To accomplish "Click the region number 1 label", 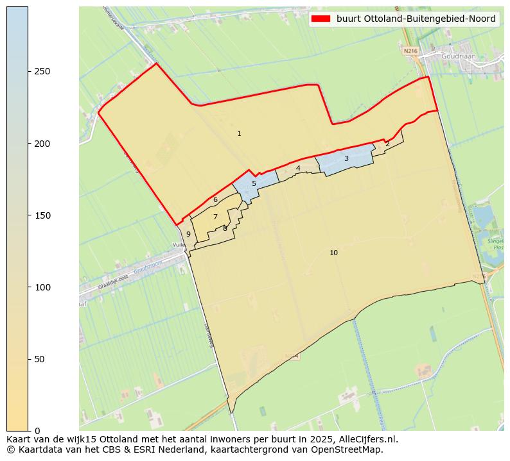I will click(x=239, y=134).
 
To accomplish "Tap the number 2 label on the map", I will click(x=387, y=144).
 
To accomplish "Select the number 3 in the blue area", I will click(x=346, y=159).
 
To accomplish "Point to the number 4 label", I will click(x=298, y=169).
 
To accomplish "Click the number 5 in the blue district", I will click(x=254, y=184).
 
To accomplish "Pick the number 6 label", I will click(x=215, y=200).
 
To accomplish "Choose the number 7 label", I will click(x=215, y=217).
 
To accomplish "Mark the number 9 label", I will click(x=188, y=235).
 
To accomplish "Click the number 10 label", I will click(x=333, y=253).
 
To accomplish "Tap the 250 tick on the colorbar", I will click(x=42, y=71).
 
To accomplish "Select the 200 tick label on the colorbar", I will click(x=42, y=144).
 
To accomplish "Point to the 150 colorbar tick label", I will click(x=42, y=215).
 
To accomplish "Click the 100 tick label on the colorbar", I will click(x=42, y=287).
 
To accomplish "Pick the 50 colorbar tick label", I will click(x=40, y=359).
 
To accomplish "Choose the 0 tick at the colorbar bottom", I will click(x=37, y=431).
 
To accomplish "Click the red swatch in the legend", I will click(x=321, y=19).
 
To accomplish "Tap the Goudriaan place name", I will click(x=458, y=56).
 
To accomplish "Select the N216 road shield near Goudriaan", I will click(x=410, y=50).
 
